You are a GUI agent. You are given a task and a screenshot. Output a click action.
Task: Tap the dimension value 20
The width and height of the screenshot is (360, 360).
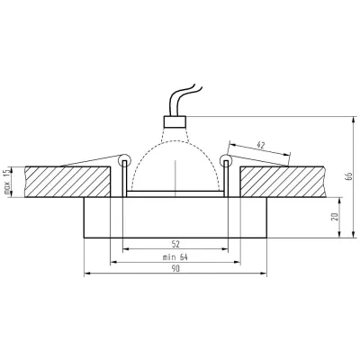pos(336,219)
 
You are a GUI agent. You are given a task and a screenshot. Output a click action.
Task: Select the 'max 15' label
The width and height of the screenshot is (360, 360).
pos(7,183)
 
